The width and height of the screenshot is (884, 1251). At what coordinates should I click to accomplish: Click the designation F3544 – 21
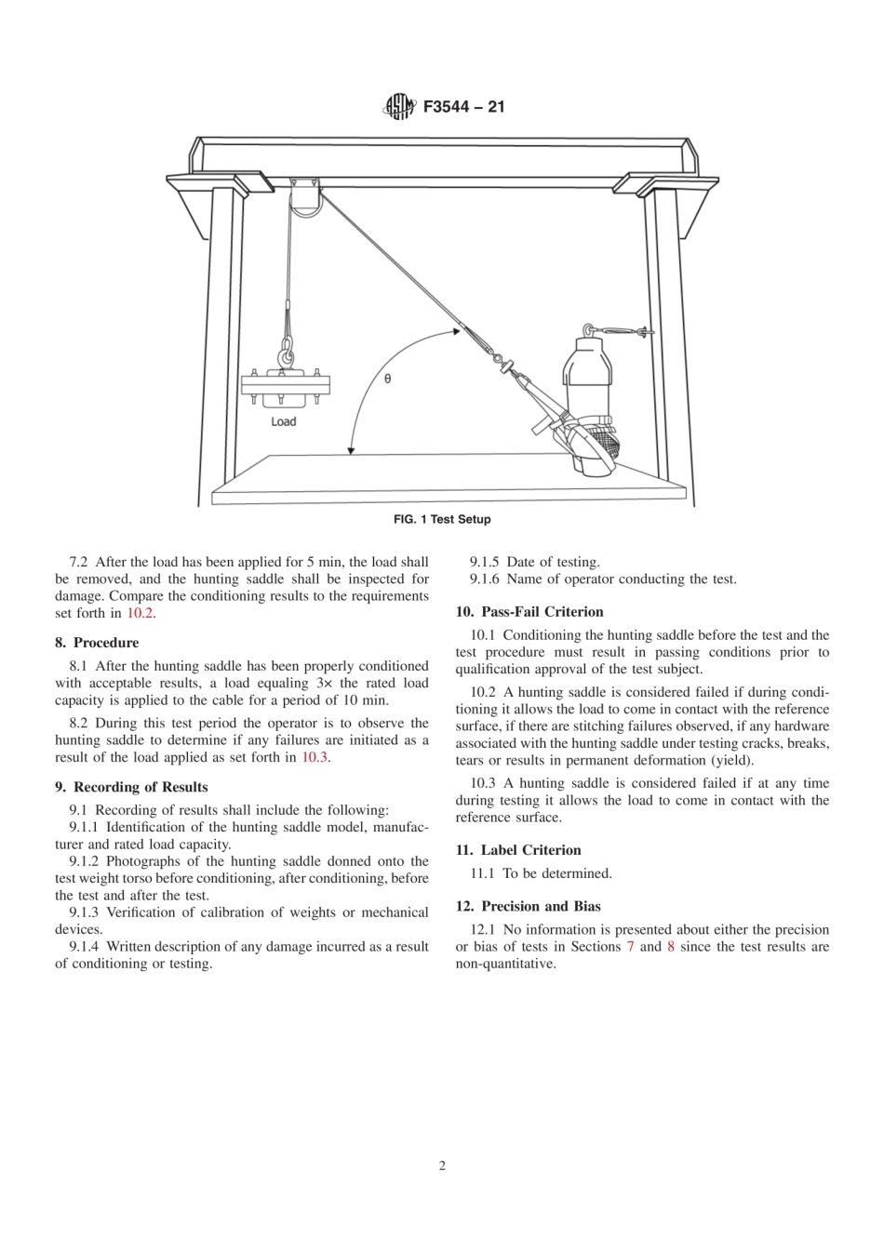click(463, 107)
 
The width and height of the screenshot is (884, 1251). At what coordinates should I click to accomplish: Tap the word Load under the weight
click(283, 421)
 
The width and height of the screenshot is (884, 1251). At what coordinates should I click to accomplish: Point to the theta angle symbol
click(388, 379)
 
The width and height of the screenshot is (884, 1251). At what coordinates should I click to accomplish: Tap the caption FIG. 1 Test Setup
click(442, 519)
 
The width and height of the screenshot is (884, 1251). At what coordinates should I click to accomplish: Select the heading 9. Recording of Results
click(131, 787)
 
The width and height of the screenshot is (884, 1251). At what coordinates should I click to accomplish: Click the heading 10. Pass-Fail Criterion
click(529, 612)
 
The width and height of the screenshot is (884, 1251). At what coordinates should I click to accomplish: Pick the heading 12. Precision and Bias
click(528, 906)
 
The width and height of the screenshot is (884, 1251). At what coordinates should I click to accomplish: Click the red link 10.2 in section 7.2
click(140, 613)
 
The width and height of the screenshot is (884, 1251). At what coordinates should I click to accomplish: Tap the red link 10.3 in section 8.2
click(315, 757)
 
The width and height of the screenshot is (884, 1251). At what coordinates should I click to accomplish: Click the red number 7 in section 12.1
click(631, 947)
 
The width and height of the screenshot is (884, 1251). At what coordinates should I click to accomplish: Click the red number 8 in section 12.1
click(671, 947)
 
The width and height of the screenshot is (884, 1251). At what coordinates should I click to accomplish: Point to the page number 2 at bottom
click(442, 1166)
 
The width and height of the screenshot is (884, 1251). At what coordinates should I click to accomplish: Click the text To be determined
click(557, 873)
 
